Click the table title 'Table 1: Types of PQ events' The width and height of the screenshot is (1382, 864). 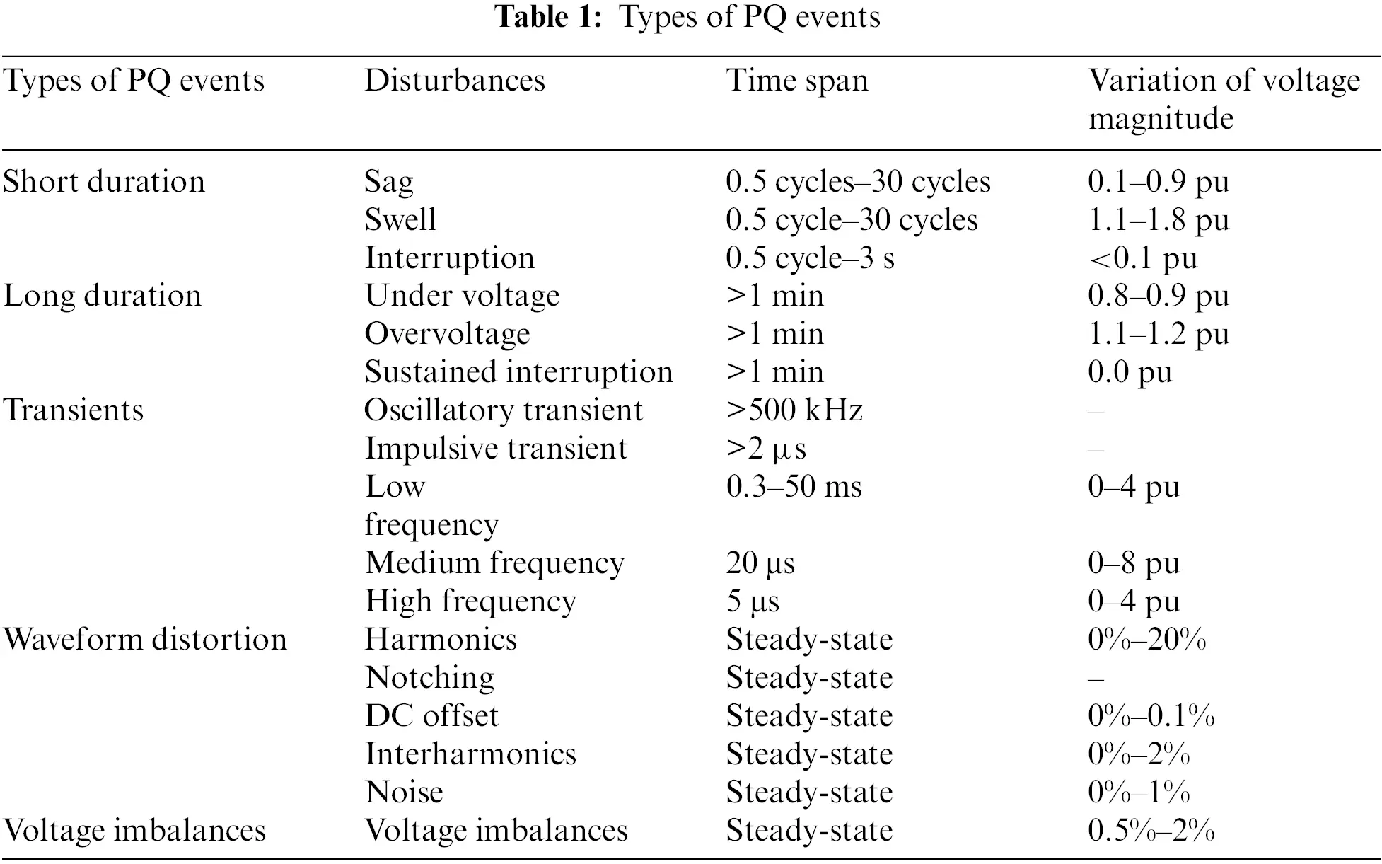[x=687, y=17]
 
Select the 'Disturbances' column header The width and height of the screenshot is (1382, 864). [x=455, y=80]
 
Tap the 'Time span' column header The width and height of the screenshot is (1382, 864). [x=796, y=80]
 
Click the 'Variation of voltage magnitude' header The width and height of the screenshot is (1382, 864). [x=1224, y=99]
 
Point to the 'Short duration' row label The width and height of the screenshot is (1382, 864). [x=104, y=182]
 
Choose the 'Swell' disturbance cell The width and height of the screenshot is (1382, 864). [x=400, y=220]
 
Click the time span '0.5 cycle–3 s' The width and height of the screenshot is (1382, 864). [x=810, y=258]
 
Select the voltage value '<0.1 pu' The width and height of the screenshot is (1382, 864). [x=1143, y=258]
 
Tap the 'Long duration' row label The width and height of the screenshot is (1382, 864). [x=103, y=296]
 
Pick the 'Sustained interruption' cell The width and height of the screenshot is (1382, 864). [x=518, y=372]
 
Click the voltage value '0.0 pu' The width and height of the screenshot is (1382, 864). [x=1130, y=372]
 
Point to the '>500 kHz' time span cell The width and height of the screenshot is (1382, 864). [x=794, y=410]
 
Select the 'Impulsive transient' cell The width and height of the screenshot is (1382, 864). [x=496, y=449]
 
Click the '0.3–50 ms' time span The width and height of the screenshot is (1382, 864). [x=794, y=487]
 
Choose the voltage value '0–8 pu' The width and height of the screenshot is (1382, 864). [x=1134, y=563]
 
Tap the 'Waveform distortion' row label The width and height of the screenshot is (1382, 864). [x=145, y=640]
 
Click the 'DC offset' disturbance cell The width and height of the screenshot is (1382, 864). [x=431, y=716]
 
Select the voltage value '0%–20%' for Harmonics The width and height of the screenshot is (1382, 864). [x=1146, y=640]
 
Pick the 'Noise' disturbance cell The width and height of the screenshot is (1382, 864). [x=404, y=793]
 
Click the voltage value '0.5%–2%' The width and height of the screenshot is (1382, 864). [x=1151, y=831]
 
